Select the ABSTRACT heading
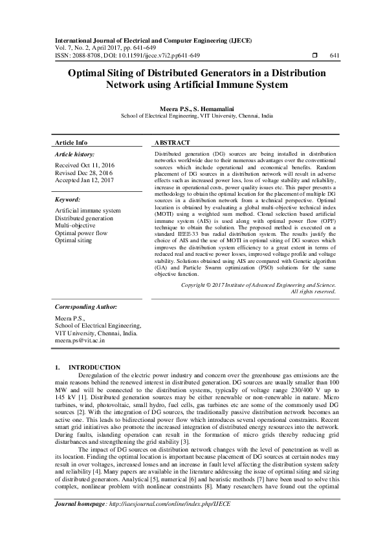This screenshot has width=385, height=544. [172, 142]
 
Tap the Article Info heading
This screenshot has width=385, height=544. [71, 142]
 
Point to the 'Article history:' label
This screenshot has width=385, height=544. [75, 155]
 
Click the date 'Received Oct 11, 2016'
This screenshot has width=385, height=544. [84, 166]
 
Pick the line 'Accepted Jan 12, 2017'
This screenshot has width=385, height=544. [84, 181]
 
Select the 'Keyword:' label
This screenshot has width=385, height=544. [67, 200]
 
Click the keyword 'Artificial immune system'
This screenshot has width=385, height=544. [88, 211]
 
